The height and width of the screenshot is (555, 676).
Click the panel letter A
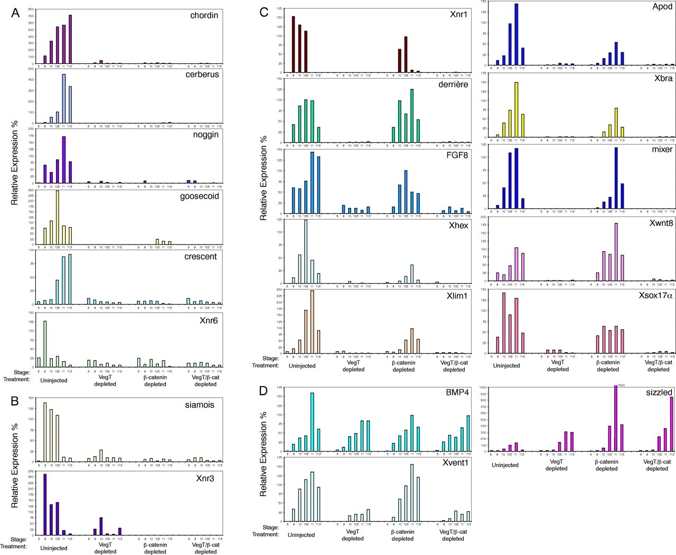pos(15,13)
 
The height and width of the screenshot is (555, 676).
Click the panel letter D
pos(265,394)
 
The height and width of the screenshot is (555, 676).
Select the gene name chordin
pos(204,15)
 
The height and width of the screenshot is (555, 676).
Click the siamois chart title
pos(201,405)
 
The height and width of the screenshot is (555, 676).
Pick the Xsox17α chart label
pos(655,296)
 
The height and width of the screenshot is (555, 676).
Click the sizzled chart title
pos(659,392)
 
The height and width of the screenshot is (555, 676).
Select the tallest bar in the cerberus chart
pos(64,98)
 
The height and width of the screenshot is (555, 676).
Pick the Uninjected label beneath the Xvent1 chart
pos(301,535)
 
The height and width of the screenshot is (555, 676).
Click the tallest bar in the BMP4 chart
pos(312,422)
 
